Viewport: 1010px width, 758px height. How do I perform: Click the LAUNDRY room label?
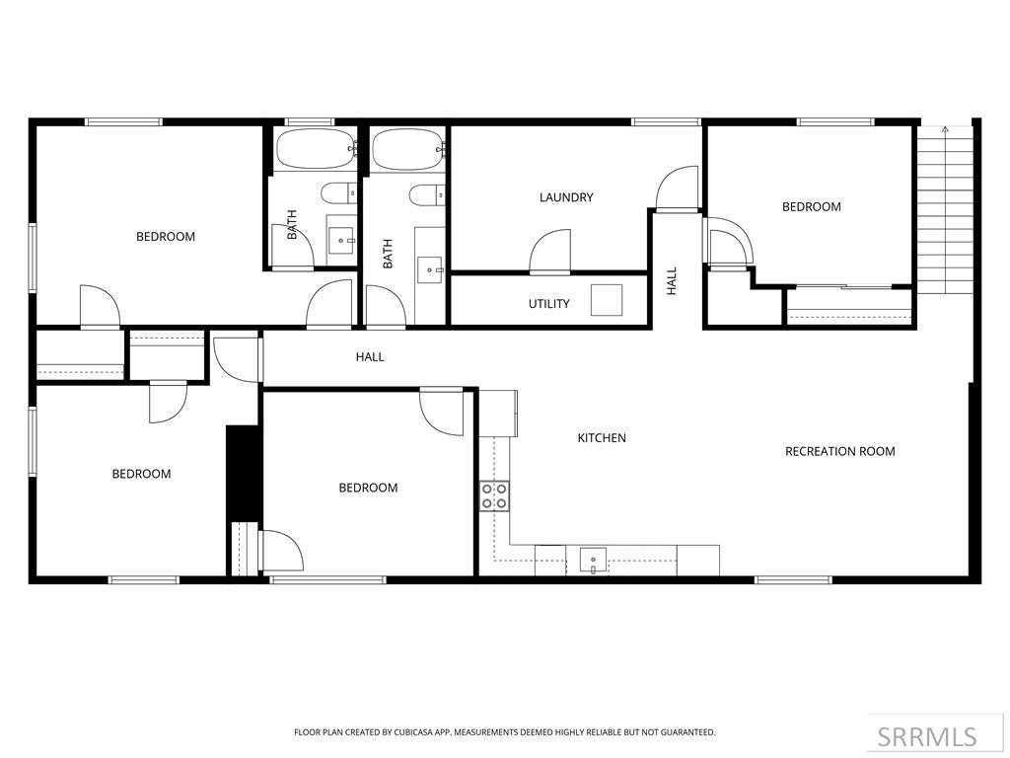coord(566,197)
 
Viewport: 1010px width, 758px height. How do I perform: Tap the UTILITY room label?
coord(548,304)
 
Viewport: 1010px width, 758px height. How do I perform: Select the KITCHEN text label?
coord(602,438)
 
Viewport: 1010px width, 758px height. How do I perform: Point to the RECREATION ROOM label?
coord(839,452)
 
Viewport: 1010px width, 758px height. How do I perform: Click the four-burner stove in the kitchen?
coord(494,495)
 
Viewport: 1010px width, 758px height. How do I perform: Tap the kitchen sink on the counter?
coord(593,560)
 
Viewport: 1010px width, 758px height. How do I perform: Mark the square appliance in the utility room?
coord(607,300)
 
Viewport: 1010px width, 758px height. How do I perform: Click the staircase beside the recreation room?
coord(945,212)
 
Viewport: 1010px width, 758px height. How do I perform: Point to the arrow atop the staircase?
coord(945,129)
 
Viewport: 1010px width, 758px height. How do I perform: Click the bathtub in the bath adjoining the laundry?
coord(407,149)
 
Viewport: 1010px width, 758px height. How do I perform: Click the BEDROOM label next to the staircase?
coord(811,207)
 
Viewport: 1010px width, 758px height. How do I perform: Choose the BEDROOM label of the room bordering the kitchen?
coord(368,488)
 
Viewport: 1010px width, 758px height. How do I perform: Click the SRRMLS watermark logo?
coord(927,736)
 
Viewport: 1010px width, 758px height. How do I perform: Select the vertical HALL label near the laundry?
coord(672,281)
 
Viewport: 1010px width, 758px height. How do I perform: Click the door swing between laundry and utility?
coord(550,251)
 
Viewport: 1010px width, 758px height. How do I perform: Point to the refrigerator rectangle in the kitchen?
coord(498,414)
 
